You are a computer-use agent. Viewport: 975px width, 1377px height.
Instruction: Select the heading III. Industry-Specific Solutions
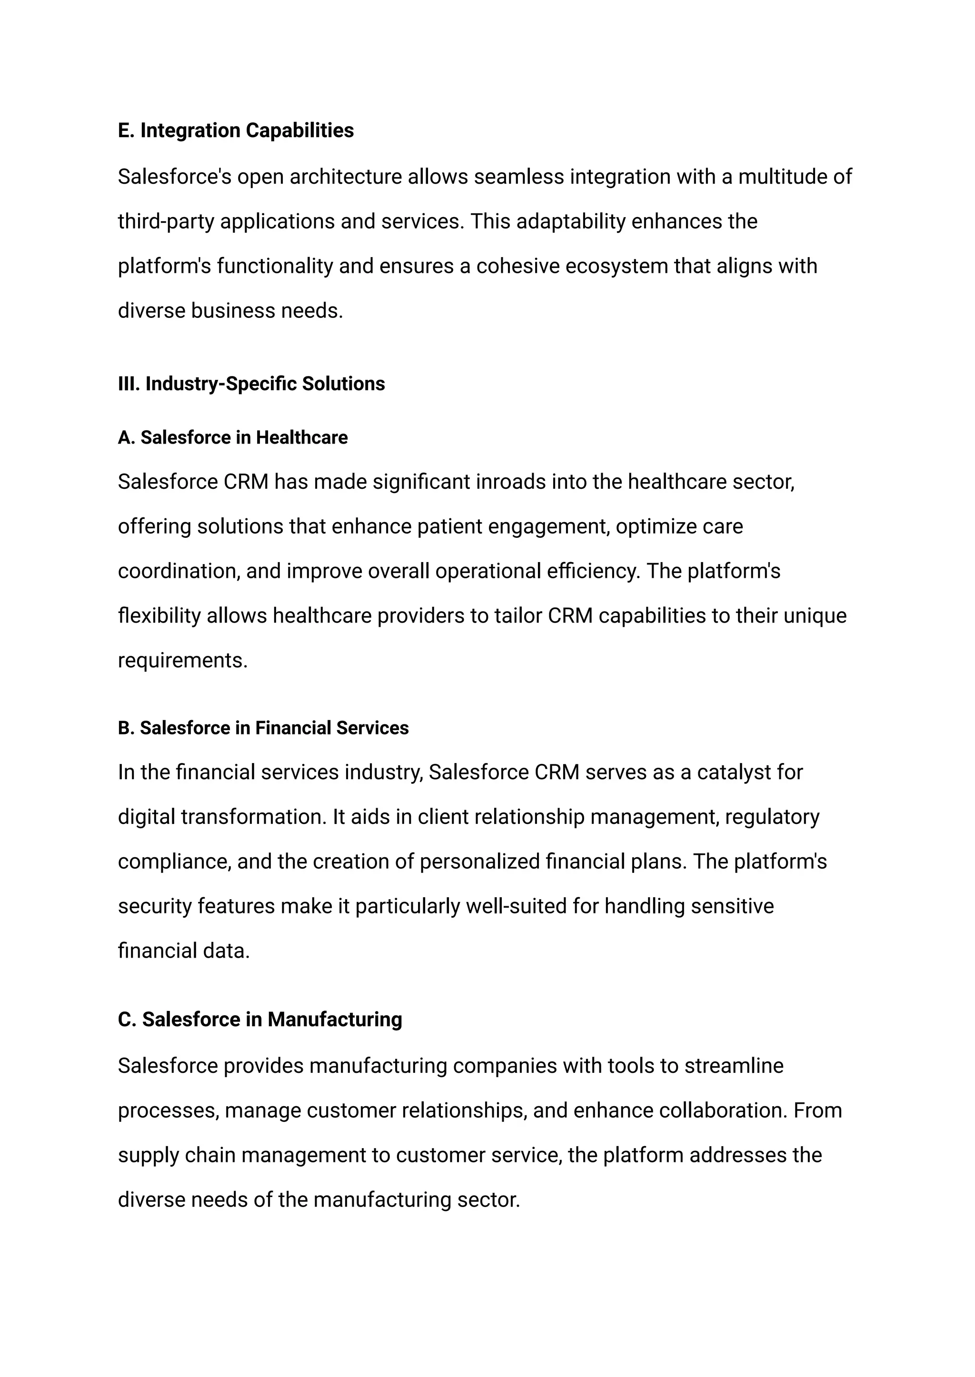click(x=251, y=384)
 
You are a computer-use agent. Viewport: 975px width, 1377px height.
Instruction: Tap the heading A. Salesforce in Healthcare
click(x=232, y=437)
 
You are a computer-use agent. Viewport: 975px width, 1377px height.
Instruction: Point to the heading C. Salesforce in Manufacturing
click(x=260, y=1019)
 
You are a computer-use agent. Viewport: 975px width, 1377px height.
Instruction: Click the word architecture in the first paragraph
click(x=345, y=177)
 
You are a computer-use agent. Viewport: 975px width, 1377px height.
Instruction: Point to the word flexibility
click(x=159, y=616)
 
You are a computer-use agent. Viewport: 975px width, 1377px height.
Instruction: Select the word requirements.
click(x=182, y=660)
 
